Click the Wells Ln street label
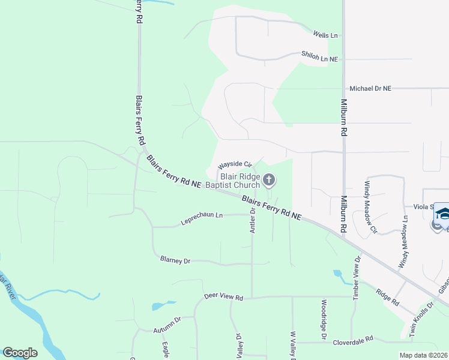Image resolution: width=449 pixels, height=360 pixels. coord(325,35)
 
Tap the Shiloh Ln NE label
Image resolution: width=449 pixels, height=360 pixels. coord(320,57)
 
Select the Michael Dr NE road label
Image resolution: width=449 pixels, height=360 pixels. coord(370,88)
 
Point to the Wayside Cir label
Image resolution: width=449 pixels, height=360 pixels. coord(234,164)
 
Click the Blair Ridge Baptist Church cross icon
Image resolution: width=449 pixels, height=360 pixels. coord(270,179)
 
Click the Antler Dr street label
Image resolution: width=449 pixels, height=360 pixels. coord(253,219)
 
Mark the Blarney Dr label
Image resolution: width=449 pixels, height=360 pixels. coord(175,260)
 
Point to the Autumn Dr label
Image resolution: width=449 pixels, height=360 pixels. coord(166,326)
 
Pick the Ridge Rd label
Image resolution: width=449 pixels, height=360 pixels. coord(387,297)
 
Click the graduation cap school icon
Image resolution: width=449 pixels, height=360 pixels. coord(442,214)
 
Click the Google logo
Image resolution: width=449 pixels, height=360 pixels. coord(20,353)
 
